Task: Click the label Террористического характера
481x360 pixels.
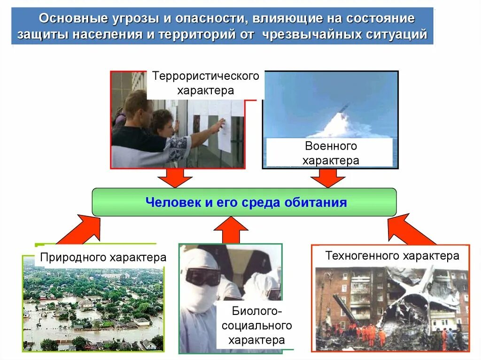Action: point(205,83)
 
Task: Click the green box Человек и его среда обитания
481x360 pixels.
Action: point(244,202)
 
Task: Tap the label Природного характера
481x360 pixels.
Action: point(103,257)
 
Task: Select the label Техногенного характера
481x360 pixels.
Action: point(392,256)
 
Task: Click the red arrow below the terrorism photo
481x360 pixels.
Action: point(175,177)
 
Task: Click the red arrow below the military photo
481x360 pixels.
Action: point(328,177)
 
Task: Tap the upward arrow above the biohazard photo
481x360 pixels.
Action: point(231,230)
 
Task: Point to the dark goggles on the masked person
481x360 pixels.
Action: point(202,276)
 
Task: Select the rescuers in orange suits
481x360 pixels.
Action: point(366,333)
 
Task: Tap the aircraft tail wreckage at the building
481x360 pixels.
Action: point(427,286)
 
